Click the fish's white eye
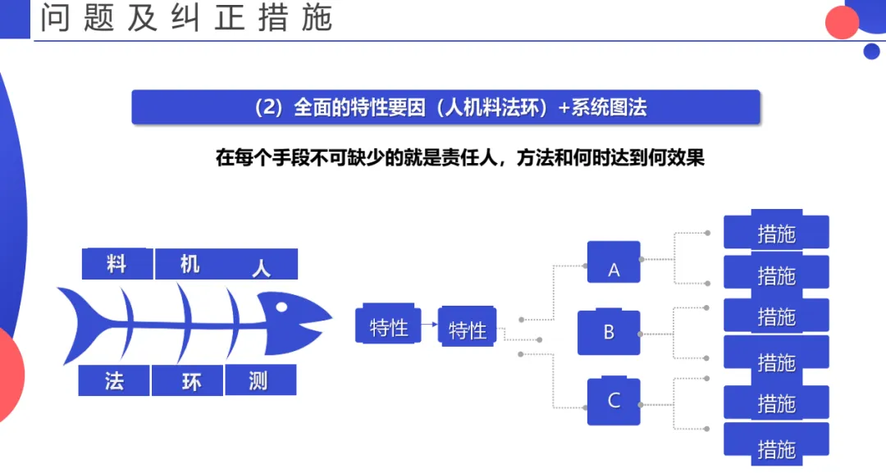[282, 307]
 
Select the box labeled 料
[116, 264]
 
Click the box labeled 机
[190, 264]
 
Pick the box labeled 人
[262, 266]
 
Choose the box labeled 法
[114, 381]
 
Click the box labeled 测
[259, 381]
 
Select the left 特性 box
[388, 325]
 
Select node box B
[609, 332]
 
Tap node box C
[613, 401]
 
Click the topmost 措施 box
[776, 232]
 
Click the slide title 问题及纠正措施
[186, 19]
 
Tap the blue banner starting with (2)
[445, 107]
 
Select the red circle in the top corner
[841, 22]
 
